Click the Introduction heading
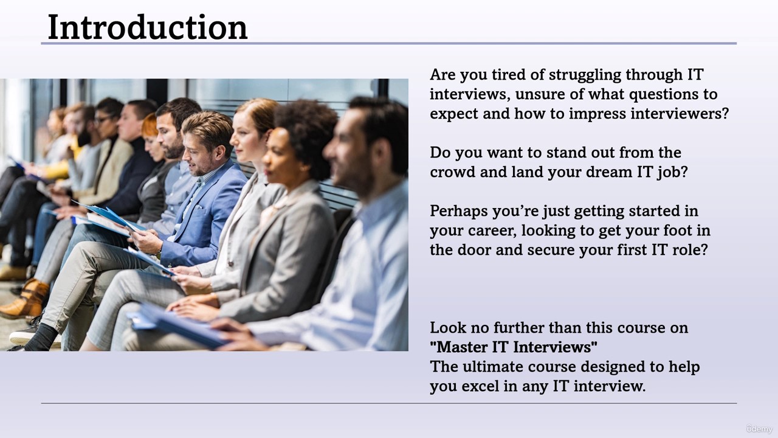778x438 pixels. tap(148, 27)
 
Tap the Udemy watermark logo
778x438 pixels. tap(759, 429)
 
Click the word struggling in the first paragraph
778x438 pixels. tap(585, 75)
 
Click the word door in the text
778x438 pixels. tap(472, 250)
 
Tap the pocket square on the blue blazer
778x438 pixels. tap(198, 207)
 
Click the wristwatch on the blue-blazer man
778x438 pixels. tap(159, 252)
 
